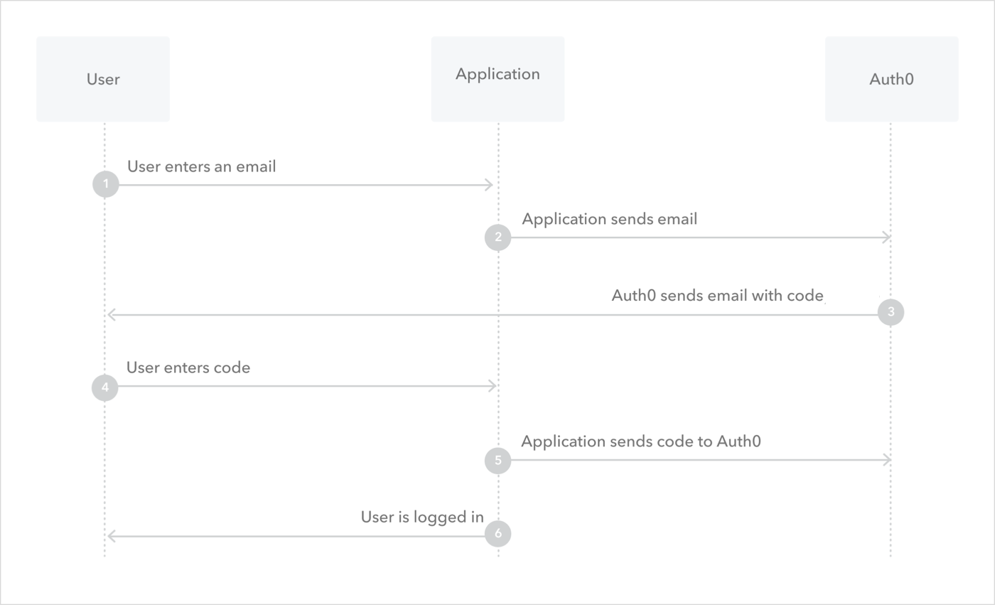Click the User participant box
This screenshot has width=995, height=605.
point(103,79)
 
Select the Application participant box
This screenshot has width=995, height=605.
point(497,79)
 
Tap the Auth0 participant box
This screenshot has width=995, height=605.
point(891,79)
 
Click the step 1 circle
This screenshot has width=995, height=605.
point(105,185)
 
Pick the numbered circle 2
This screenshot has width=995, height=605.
point(497,237)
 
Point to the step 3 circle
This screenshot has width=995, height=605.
point(891,312)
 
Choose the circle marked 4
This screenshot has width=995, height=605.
point(104,388)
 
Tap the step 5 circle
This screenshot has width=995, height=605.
point(497,461)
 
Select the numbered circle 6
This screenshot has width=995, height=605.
point(497,534)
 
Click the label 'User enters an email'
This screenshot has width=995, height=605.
point(201,166)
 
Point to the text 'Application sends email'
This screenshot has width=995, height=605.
point(609,219)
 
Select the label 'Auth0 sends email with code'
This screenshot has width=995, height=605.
point(717,296)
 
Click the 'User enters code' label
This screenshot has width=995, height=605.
point(188,368)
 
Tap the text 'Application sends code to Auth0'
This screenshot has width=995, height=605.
point(640,441)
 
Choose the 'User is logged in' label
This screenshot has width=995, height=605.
point(422,517)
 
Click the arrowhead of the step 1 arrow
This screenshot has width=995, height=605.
point(490,185)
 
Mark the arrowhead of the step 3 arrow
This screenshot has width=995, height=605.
point(111,315)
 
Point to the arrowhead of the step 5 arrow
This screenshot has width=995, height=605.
point(887,460)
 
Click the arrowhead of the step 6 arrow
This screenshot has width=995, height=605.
point(111,536)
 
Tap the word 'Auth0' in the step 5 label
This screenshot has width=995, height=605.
point(738,441)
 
